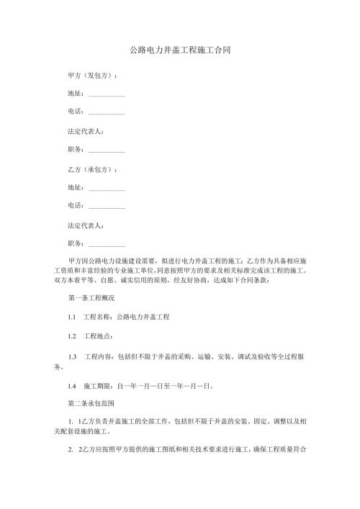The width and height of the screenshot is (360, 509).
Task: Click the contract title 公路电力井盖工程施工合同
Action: (x=180, y=51)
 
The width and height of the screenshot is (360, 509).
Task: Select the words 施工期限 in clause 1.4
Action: (x=98, y=387)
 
